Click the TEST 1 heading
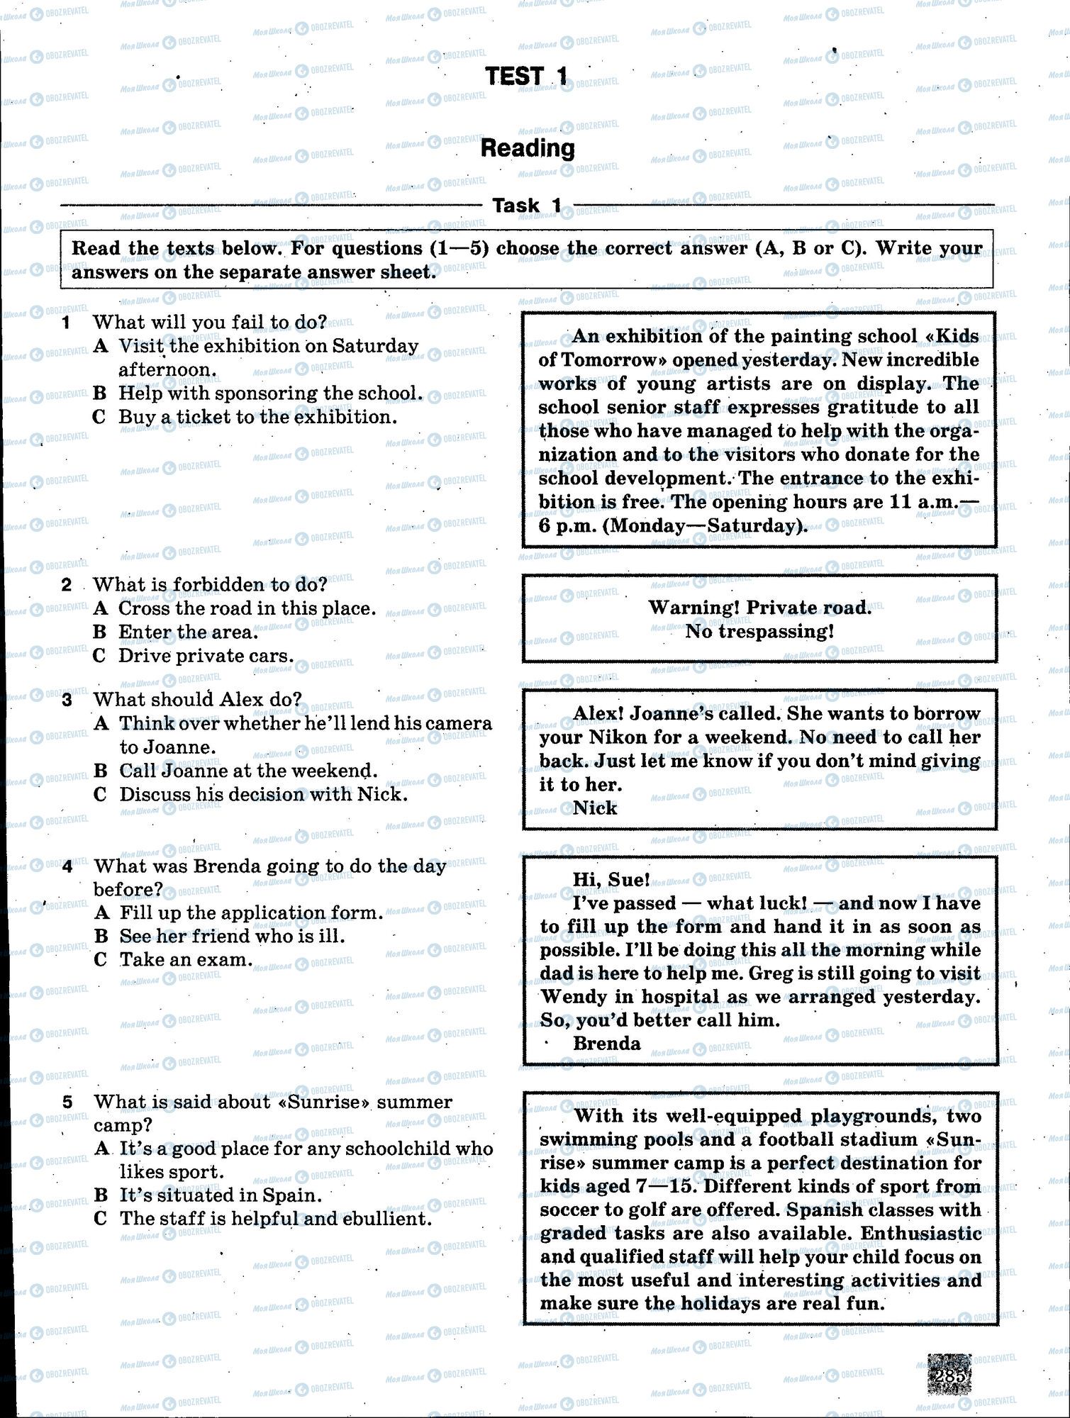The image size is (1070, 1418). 526,76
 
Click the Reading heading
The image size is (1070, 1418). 528,148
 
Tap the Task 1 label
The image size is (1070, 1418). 527,206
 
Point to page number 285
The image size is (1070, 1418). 949,1375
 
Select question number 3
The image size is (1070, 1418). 67,700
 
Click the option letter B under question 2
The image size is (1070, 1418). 100,632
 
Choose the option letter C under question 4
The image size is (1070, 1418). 101,960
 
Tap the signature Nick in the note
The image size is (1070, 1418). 595,808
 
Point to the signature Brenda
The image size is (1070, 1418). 606,1044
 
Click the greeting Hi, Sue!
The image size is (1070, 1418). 611,880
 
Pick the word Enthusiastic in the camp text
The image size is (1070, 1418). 921,1234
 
